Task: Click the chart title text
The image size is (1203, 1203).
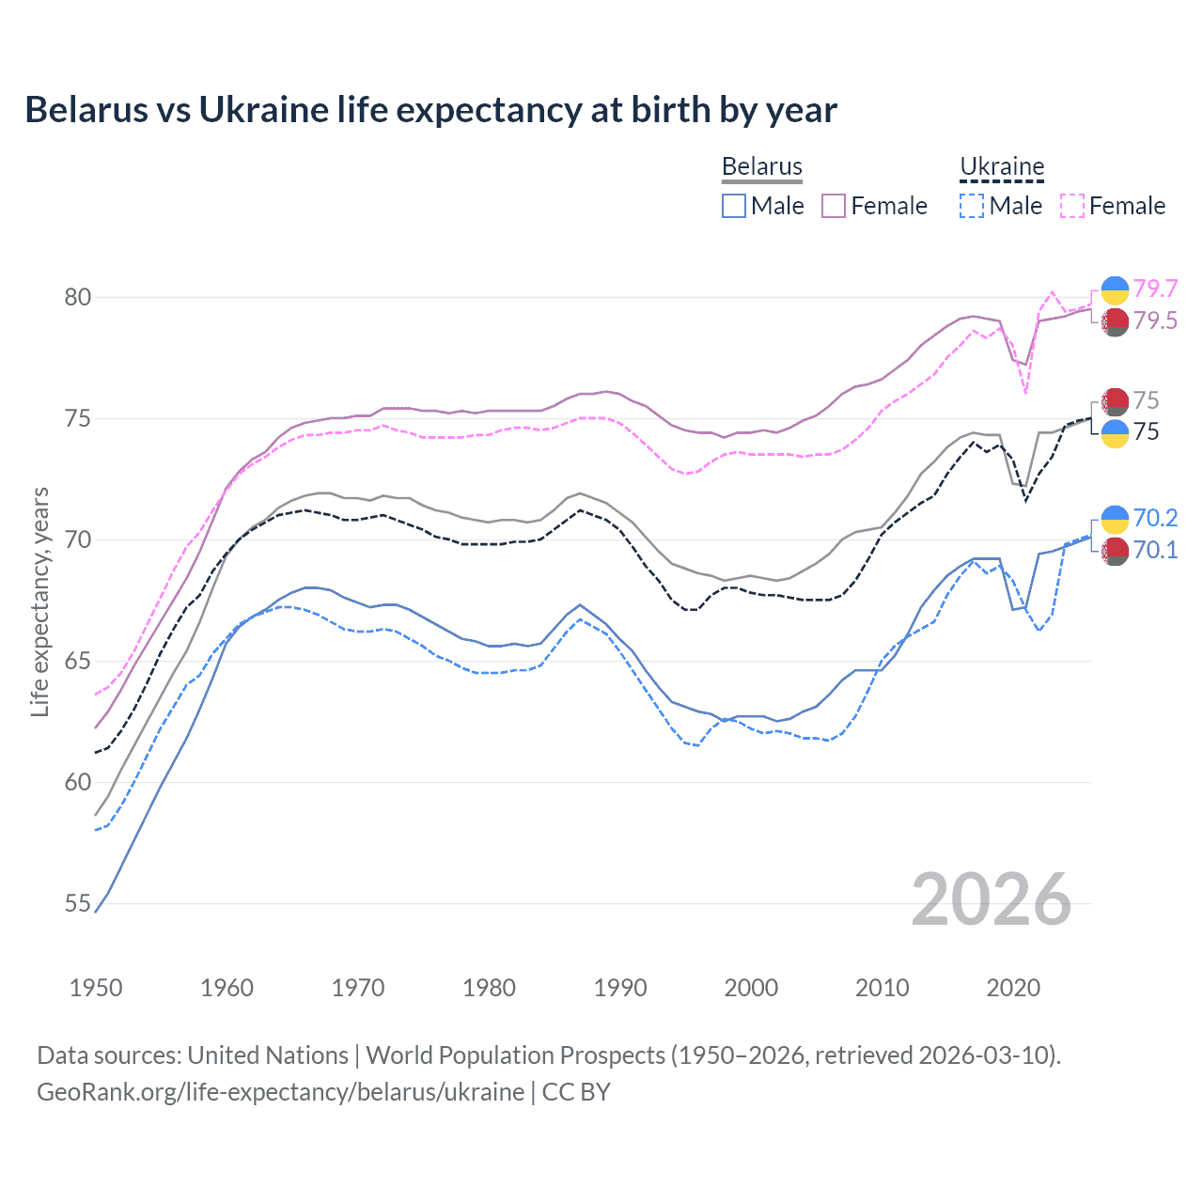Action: tap(430, 110)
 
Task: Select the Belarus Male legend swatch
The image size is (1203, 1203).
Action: tap(734, 206)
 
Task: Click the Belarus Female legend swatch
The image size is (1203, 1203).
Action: tap(834, 206)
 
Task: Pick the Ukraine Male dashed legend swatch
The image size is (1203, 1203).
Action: tap(972, 206)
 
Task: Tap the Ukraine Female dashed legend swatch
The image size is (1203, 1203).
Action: tap(1072, 206)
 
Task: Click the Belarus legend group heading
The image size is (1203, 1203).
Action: tap(761, 166)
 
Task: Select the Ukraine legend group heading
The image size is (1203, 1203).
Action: tap(1002, 166)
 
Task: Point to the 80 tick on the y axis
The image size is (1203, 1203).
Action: tap(78, 298)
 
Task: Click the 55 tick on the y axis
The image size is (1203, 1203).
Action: tap(78, 904)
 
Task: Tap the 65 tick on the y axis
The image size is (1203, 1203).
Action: tap(78, 662)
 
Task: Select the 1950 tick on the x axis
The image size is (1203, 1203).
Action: tap(96, 988)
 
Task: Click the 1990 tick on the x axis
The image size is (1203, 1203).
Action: tap(620, 988)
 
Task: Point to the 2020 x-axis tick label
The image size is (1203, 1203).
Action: tap(1013, 988)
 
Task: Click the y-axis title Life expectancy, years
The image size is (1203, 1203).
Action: tap(40, 601)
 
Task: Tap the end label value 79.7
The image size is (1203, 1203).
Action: tap(1155, 289)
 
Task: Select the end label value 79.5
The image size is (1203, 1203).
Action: tap(1155, 321)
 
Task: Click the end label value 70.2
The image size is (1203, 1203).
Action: tap(1155, 518)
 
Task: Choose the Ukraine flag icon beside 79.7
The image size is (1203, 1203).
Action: tap(1115, 289)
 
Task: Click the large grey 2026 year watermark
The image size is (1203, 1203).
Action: tap(991, 900)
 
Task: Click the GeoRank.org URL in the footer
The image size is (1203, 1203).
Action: tap(280, 1092)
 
